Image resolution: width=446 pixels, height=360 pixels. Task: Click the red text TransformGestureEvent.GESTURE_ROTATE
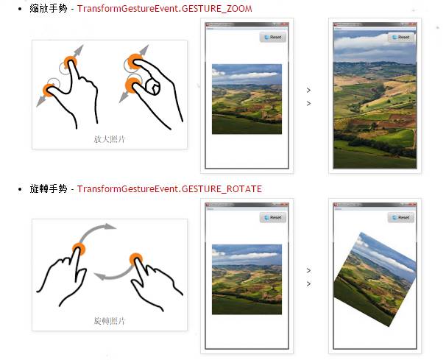pos(169,189)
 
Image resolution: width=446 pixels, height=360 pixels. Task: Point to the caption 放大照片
pos(109,138)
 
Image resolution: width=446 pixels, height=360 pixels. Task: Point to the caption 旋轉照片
pos(109,322)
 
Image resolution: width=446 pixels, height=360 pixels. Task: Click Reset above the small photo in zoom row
pos(272,37)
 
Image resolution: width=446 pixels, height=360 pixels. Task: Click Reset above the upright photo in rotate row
pos(272,217)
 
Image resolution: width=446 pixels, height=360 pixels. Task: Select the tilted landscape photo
pos(374,279)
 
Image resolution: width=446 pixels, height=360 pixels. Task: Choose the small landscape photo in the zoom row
pos(247,99)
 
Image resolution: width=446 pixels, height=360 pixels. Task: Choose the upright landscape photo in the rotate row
pos(247,279)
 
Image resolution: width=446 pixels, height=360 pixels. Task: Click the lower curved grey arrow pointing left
pos(116,273)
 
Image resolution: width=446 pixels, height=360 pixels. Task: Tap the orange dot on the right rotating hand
pos(136,259)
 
